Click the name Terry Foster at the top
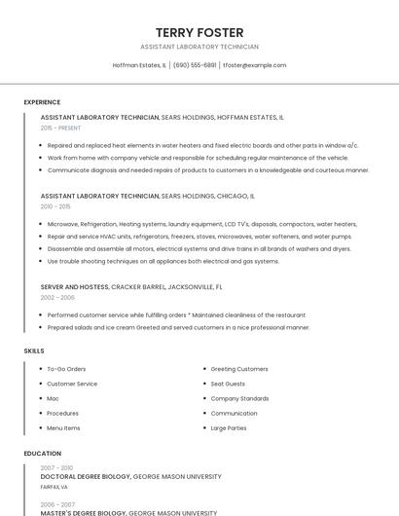(x=199, y=32)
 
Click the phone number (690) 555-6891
(x=195, y=65)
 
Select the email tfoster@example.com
(x=255, y=65)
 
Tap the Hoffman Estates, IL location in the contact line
(x=139, y=65)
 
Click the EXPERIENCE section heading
(x=42, y=102)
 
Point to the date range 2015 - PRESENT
(x=60, y=128)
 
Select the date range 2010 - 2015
(x=55, y=206)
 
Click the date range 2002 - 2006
(x=57, y=298)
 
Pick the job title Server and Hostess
(x=75, y=287)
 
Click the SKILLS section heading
(x=34, y=350)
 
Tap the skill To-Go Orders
(x=66, y=369)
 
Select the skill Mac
(x=53, y=398)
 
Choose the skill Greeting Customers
(x=239, y=369)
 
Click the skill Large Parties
(x=229, y=427)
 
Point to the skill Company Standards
(x=239, y=398)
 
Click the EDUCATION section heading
(x=42, y=454)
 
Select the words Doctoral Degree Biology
(x=86, y=477)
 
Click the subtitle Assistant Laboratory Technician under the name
(x=199, y=47)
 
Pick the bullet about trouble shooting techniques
(x=163, y=261)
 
